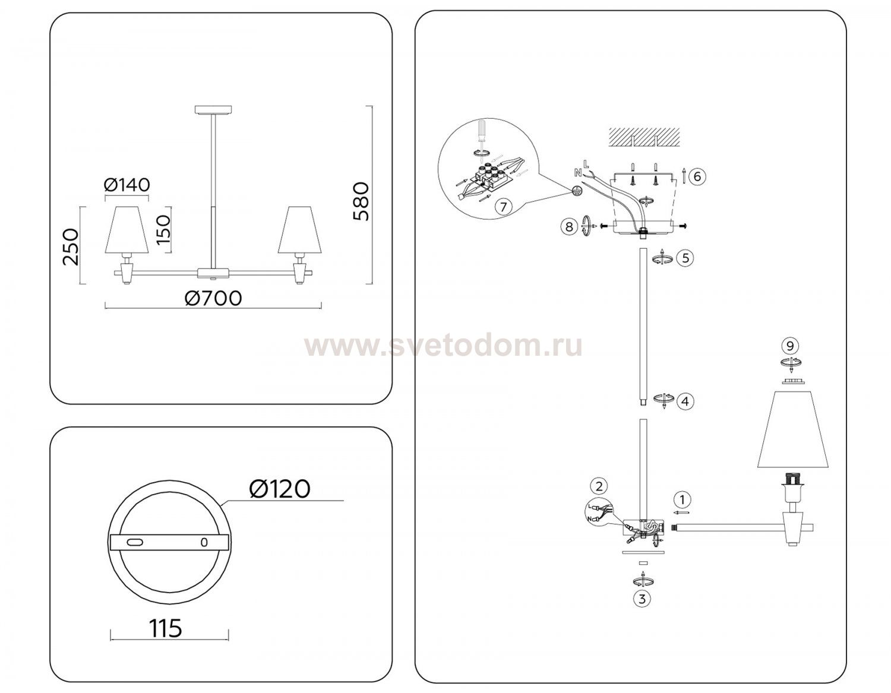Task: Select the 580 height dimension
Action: click(361, 202)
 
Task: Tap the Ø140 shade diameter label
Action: click(127, 185)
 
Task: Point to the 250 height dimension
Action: click(70, 246)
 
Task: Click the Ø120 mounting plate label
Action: click(280, 489)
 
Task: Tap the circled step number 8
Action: click(568, 226)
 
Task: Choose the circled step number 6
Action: click(697, 176)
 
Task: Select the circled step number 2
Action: click(599, 486)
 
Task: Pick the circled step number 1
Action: click(683, 499)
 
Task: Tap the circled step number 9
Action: click(789, 346)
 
